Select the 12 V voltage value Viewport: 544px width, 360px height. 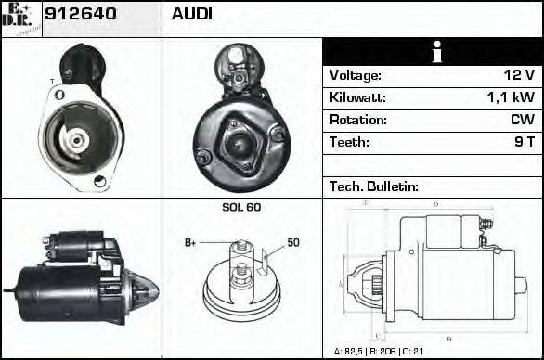pyautogui.click(x=518, y=75)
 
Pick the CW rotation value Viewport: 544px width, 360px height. pyautogui.click(x=522, y=120)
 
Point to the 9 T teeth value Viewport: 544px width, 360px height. pyautogui.click(x=525, y=142)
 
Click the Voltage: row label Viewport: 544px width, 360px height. pyautogui.click(x=356, y=75)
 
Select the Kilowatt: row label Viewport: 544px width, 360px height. pyautogui.click(x=357, y=97)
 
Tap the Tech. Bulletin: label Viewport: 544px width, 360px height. pyautogui.click(x=374, y=186)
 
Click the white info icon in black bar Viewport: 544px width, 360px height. pyautogui.click(x=433, y=52)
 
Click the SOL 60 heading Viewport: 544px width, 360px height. pyautogui.click(x=241, y=207)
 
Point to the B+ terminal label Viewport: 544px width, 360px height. pyautogui.click(x=189, y=242)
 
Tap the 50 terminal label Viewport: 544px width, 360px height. pyautogui.click(x=292, y=242)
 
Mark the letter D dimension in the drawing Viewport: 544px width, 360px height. pyautogui.click(x=434, y=204)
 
